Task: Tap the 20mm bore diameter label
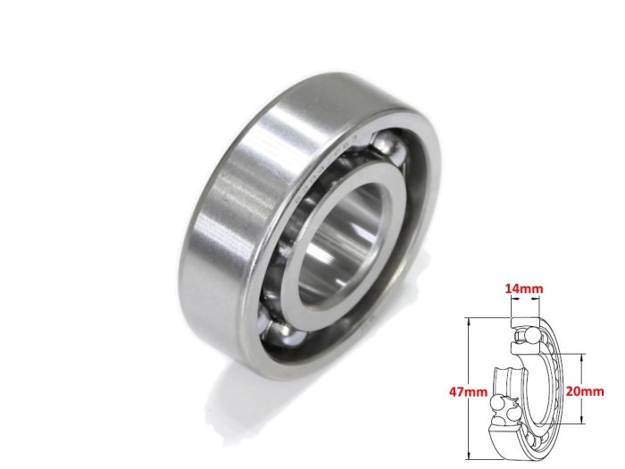click(x=586, y=391)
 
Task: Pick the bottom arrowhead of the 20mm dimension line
click(x=582, y=423)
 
